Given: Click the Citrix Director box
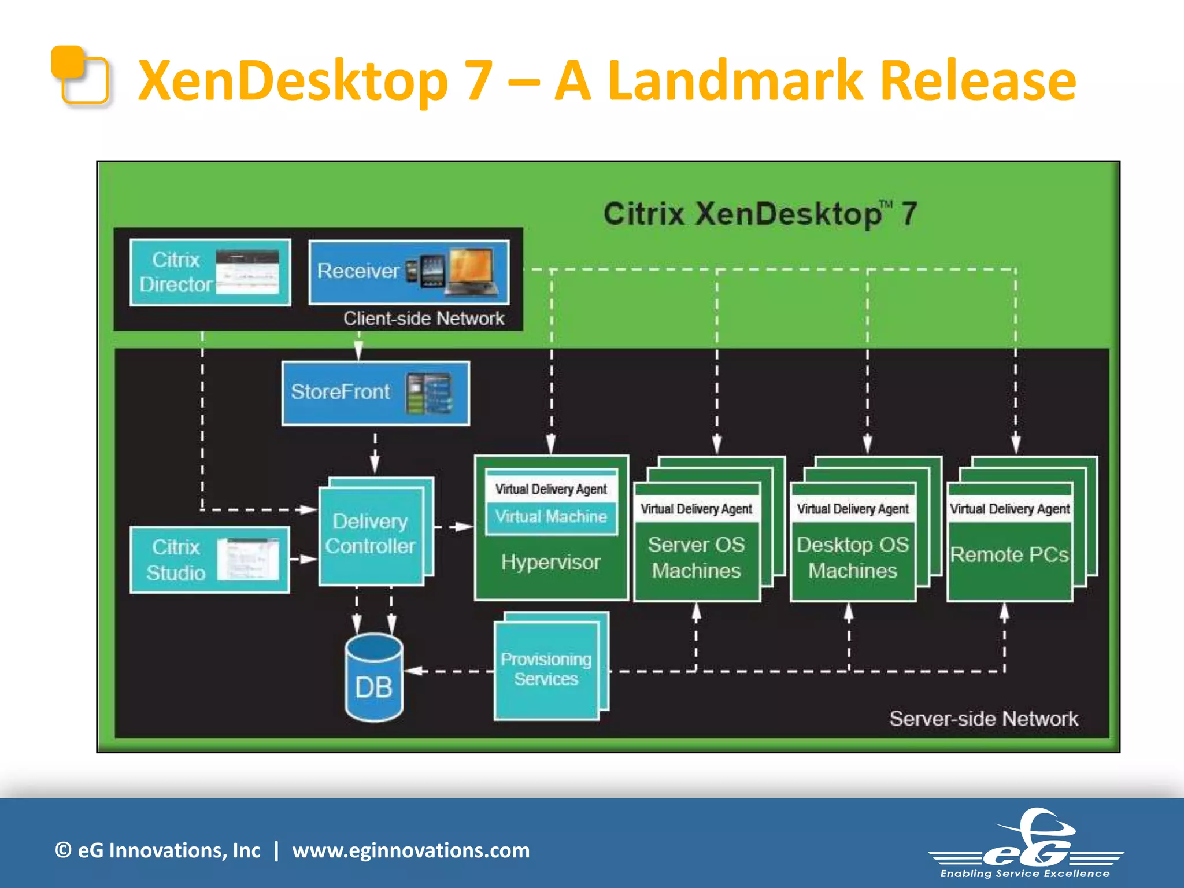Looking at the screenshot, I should [210, 272].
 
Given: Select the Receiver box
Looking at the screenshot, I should [409, 272].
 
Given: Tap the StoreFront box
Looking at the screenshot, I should [375, 393].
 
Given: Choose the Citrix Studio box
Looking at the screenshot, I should [209, 560].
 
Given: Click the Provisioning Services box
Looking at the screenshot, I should [546, 669].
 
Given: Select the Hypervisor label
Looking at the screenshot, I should [550, 563].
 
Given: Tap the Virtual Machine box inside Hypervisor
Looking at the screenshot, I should [551, 516].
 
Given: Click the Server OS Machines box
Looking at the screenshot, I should [696, 558].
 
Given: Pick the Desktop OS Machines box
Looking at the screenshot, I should [853, 558].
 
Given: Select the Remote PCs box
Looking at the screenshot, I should [1009, 555].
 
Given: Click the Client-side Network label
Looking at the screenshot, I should [423, 319].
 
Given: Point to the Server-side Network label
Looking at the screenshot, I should [983, 719].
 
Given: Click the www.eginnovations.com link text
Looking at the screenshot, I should [410, 850].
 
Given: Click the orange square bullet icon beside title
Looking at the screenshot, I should [80, 75].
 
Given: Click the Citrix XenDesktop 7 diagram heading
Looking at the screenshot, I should [760, 214].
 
